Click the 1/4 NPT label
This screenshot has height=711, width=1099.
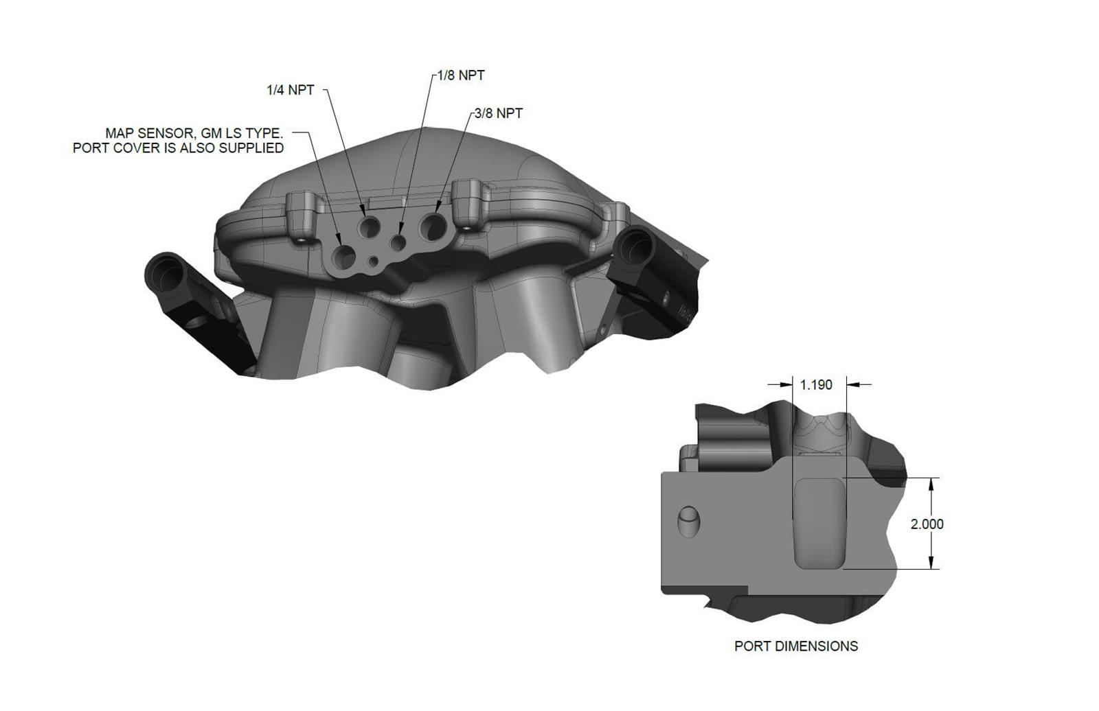(290, 90)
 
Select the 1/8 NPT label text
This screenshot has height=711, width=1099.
(461, 75)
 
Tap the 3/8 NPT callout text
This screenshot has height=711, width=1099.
(498, 113)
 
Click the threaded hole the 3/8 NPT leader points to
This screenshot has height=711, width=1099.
(435, 226)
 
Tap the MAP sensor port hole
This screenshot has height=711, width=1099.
(343, 256)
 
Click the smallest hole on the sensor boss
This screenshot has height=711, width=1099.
(373, 261)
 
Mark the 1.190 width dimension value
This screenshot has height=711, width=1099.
(816, 385)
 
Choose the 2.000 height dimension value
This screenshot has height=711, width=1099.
(927, 524)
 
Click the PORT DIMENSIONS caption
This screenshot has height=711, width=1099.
(796, 646)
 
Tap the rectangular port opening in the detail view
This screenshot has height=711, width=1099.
(819, 523)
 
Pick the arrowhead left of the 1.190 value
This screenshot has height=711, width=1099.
(786, 384)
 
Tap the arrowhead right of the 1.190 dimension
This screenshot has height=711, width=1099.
(852, 384)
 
